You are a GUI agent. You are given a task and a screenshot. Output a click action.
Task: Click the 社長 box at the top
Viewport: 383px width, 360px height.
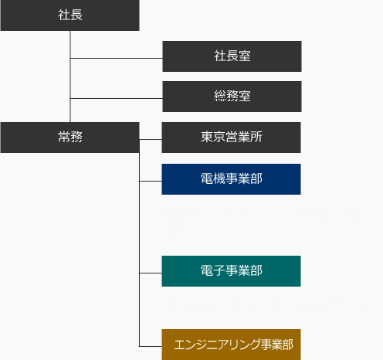pos(69,15)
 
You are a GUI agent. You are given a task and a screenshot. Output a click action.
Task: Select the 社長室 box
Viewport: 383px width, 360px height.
pos(232,56)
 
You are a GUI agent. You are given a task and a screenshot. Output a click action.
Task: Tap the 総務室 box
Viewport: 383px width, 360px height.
pos(232,97)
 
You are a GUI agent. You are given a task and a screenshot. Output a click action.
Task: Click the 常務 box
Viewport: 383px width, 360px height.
pos(69,138)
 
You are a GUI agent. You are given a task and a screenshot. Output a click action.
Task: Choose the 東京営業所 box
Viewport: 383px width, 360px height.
pos(231,138)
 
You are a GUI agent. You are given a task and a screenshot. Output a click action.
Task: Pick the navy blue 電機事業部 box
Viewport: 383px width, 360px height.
pos(231,179)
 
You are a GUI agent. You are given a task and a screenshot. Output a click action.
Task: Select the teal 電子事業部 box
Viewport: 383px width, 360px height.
pos(231,271)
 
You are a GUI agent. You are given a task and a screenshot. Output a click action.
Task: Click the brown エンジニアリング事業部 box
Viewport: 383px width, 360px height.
pos(231,345)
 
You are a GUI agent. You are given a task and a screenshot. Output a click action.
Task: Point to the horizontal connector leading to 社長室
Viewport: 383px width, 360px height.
pos(117,58)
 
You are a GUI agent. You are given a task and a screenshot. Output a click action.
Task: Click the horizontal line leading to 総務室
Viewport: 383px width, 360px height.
pos(117,98)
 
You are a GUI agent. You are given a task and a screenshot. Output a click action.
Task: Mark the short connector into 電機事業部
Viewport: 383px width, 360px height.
pos(151,181)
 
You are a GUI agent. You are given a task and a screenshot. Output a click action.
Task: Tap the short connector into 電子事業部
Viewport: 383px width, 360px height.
pos(151,273)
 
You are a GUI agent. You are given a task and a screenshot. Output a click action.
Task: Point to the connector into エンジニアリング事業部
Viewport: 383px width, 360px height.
pos(151,346)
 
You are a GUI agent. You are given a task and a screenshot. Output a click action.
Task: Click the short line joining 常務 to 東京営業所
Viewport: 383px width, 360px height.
pos(151,140)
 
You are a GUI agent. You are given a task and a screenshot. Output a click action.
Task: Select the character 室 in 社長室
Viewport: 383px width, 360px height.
pos(245,56)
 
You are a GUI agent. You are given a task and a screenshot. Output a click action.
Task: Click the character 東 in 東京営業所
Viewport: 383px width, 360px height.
pos(207,137)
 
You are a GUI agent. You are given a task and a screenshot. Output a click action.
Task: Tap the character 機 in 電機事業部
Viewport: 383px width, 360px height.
pos(219,178)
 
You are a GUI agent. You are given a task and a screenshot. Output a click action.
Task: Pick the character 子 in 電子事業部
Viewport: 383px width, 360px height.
pos(219,270)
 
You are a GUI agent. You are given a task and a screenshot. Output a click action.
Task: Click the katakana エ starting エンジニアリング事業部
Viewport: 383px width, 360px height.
pos(180,345)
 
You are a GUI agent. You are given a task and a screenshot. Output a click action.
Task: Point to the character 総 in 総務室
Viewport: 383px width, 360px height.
pos(220,96)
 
